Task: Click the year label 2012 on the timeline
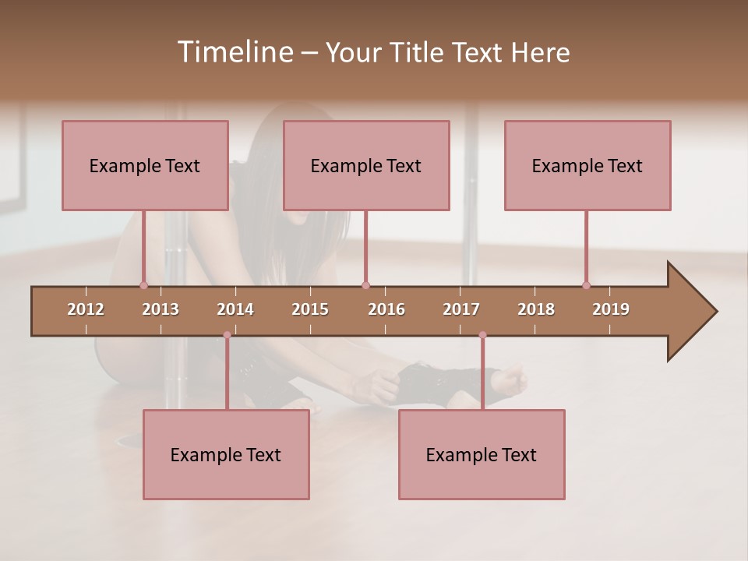tap(86, 309)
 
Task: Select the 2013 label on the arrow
tap(161, 309)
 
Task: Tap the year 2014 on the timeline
tap(235, 309)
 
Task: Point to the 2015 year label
tap(310, 309)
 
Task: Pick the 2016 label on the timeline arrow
tap(386, 309)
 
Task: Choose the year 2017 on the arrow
tap(461, 309)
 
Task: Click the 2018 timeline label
tap(536, 309)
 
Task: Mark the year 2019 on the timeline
tap(611, 309)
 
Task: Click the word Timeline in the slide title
tap(235, 52)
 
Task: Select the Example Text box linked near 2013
tap(145, 165)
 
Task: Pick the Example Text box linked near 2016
tap(366, 165)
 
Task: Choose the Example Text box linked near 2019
tap(587, 165)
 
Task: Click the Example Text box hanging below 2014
tap(226, 454)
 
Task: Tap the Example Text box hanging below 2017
tap(482, 454)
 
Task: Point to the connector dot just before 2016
tap(365, 285)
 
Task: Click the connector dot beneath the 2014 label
tap(227, 335)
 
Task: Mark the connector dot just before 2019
tap(586, 285)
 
